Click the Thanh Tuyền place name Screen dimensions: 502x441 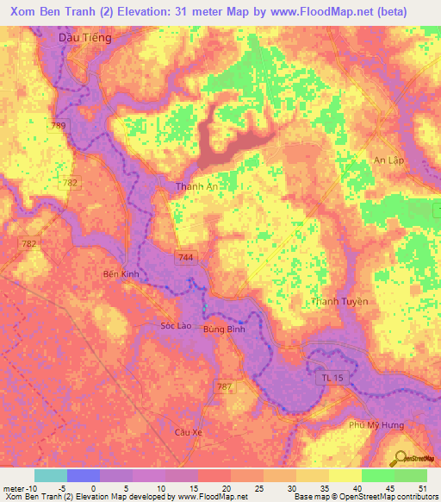(x=339, y=302)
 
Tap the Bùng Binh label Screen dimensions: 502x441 (x=224, y=329)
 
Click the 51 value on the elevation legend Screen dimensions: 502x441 (x=420, y=487)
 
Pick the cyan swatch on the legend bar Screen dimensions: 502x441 (x=51, y=475)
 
